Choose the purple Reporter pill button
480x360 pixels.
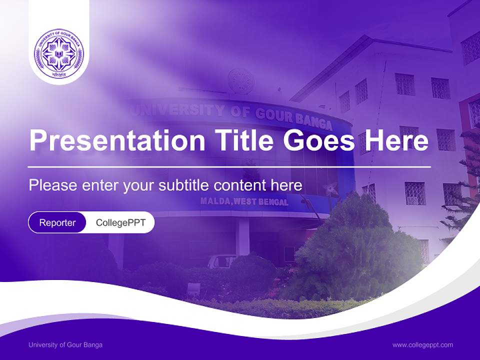57,222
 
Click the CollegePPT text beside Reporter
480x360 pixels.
120,222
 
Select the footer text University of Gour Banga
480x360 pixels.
65,345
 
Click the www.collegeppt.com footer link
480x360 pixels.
422,345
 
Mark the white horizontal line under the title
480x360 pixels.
229,166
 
